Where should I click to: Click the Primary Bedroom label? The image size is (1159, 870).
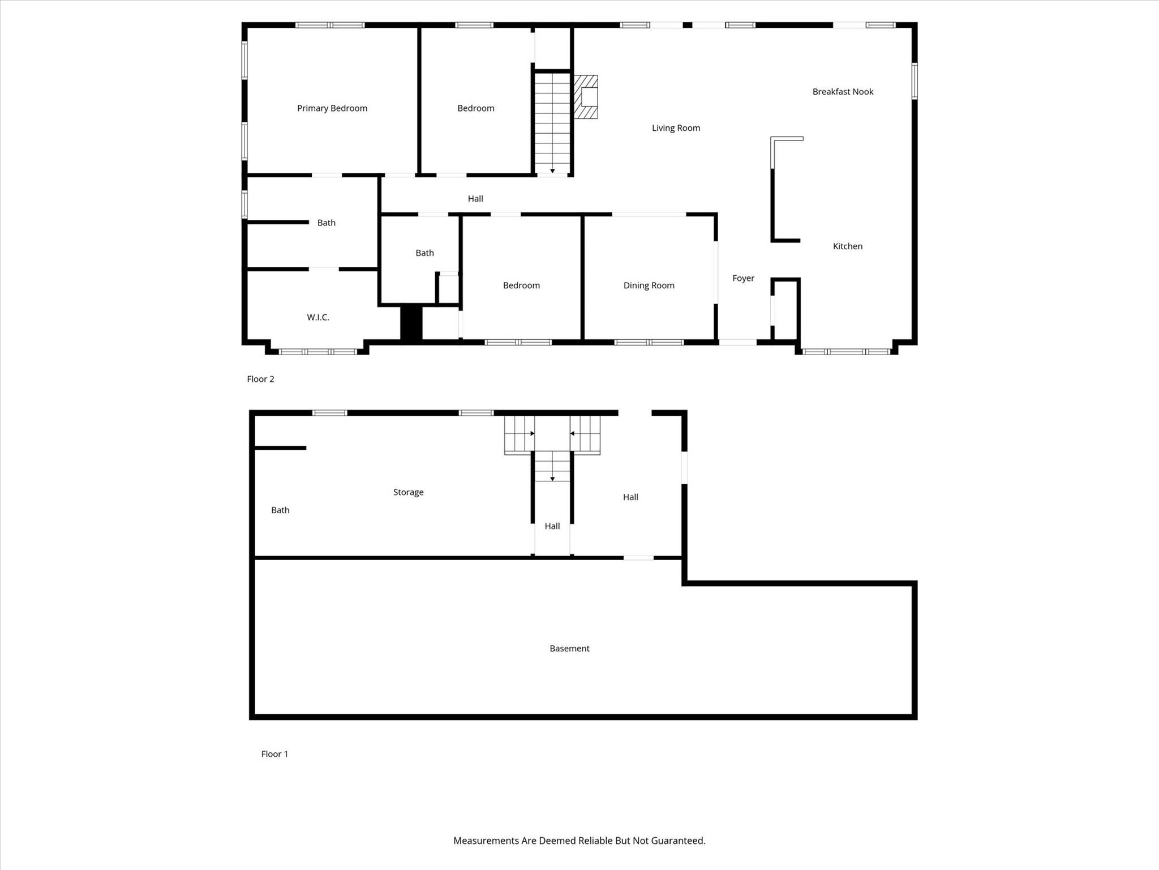332,108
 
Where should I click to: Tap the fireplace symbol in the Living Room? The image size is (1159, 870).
586,97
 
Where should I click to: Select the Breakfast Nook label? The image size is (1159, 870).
843,92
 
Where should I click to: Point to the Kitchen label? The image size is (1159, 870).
847,246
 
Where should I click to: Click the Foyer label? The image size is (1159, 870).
743,278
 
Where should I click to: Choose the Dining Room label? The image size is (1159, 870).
649,285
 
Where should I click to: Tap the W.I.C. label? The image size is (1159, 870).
318,317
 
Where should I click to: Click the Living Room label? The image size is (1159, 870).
676,128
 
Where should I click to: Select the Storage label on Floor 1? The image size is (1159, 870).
408,492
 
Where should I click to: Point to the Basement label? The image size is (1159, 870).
569,649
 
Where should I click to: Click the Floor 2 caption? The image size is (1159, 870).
260,379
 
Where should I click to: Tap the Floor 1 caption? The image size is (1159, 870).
274,754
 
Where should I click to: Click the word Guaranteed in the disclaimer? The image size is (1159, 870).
677,841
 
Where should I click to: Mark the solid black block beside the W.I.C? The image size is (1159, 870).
411,323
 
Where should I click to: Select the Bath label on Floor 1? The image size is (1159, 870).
280,510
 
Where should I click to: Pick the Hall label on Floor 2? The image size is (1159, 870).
475,199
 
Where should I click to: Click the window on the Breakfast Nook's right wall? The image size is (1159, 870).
914,81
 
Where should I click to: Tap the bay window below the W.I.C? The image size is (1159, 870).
317,352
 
